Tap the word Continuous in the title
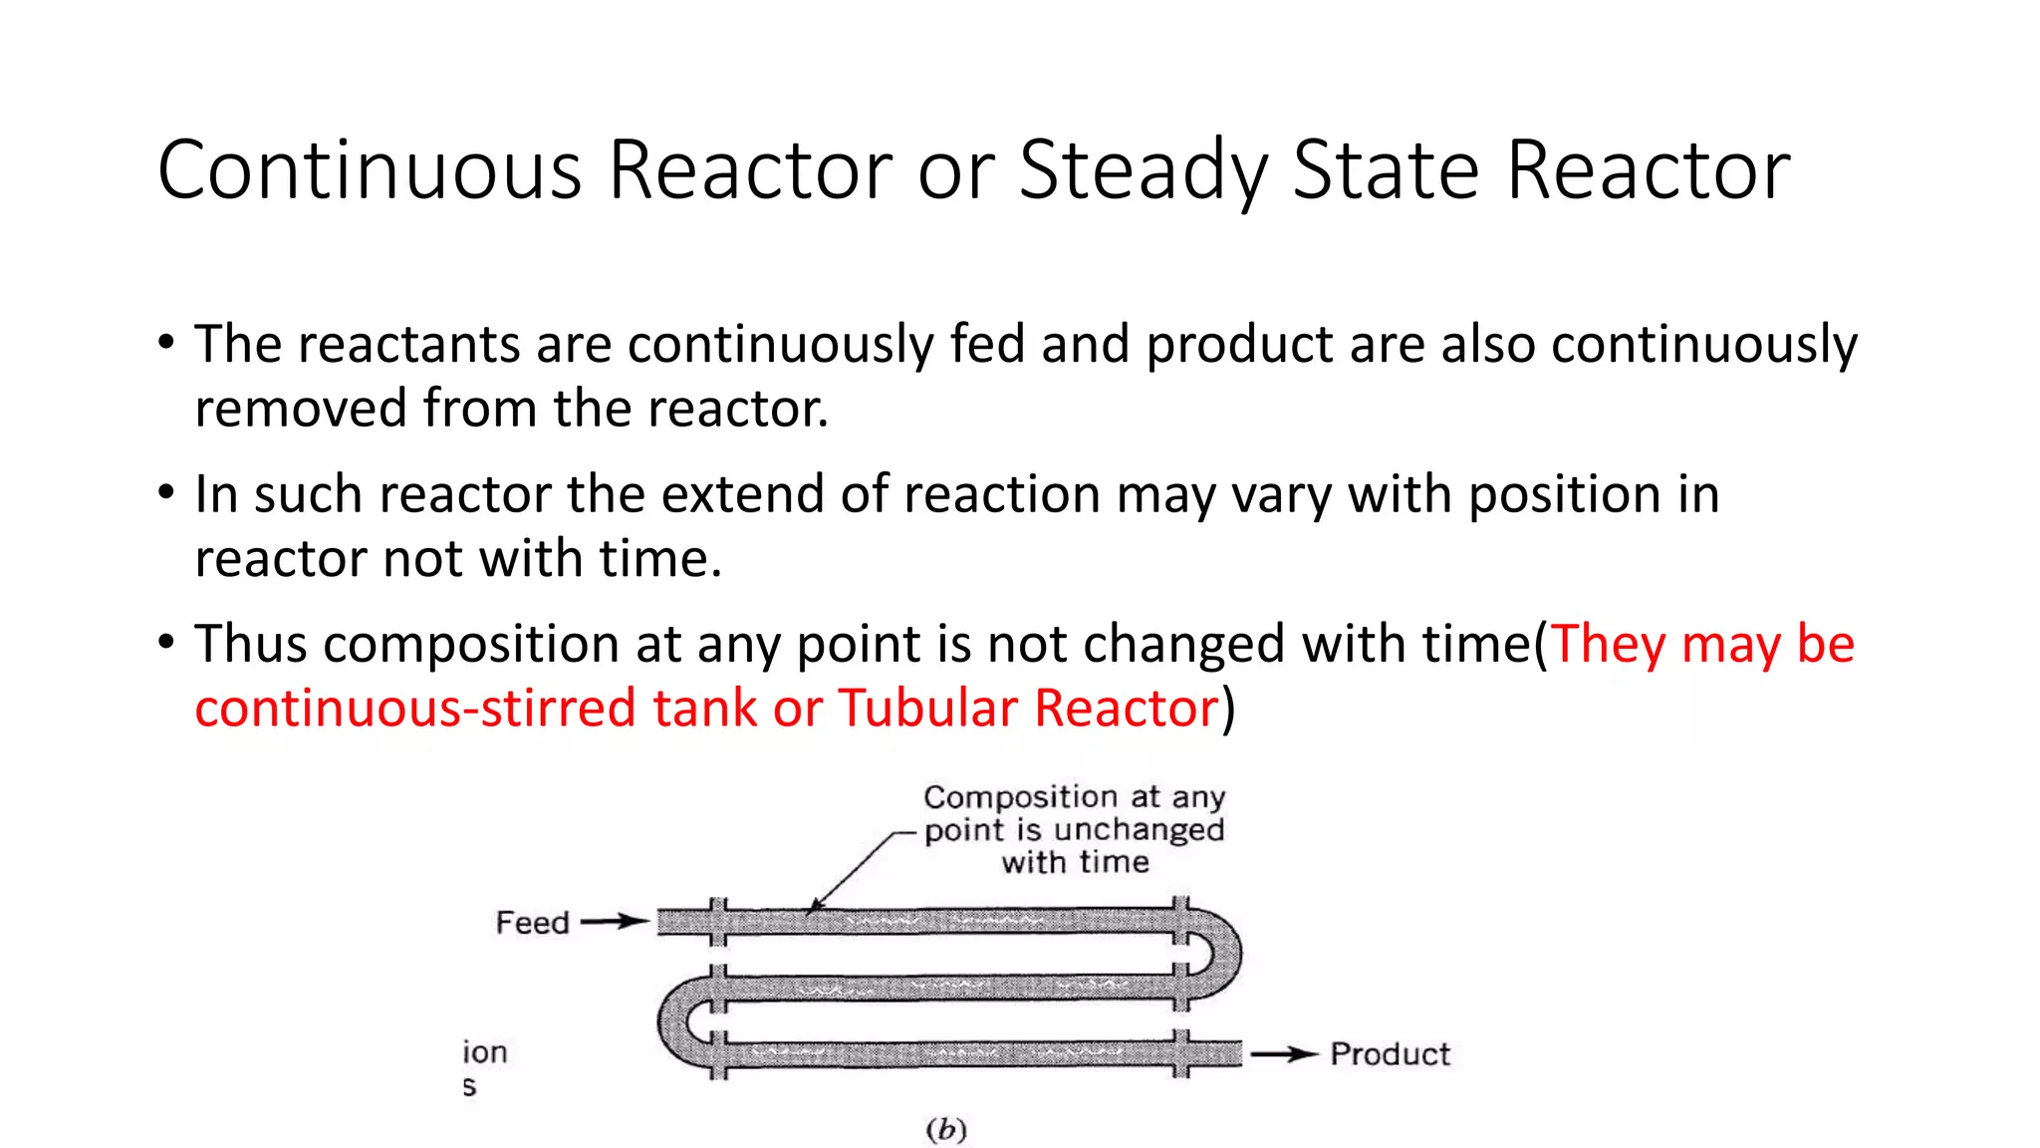(369, 169)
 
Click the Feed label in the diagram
(532, 923)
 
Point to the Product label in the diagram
(1391, 1054)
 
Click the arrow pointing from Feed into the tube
(615, 922)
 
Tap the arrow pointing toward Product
(1285, 1054)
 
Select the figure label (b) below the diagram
(946, 1130)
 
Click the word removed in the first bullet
(301, 409)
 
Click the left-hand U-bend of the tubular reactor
(679, 1022)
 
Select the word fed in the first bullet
(987, 345)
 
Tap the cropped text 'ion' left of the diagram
(485, 1052)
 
